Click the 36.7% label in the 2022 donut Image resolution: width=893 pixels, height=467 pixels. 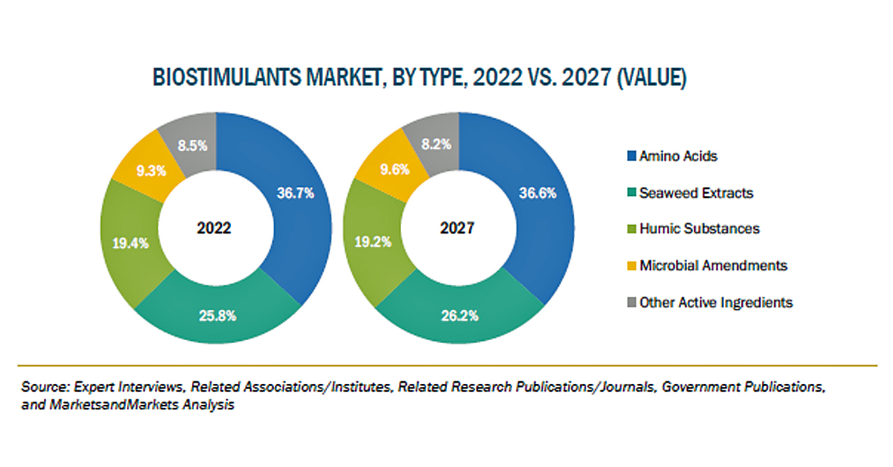(294, 194)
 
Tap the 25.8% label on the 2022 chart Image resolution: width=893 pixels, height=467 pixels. (217, 316)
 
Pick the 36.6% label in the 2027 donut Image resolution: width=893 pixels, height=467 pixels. (537, 194)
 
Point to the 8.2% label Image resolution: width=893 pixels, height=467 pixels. (437, 145)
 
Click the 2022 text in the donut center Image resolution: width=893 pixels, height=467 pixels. (215, 229)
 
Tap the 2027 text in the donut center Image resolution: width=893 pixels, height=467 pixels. (458, 229)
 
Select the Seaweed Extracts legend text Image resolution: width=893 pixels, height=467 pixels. (696, 193)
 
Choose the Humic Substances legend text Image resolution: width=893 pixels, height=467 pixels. (699, 229)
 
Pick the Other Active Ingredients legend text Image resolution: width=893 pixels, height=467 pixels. (716, 303)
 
